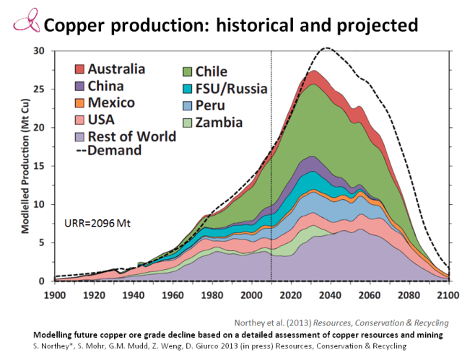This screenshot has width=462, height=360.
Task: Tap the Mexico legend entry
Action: click(110, 102)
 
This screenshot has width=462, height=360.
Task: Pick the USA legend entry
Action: click(101, 118)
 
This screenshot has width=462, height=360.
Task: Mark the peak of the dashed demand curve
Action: click(327, 48)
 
